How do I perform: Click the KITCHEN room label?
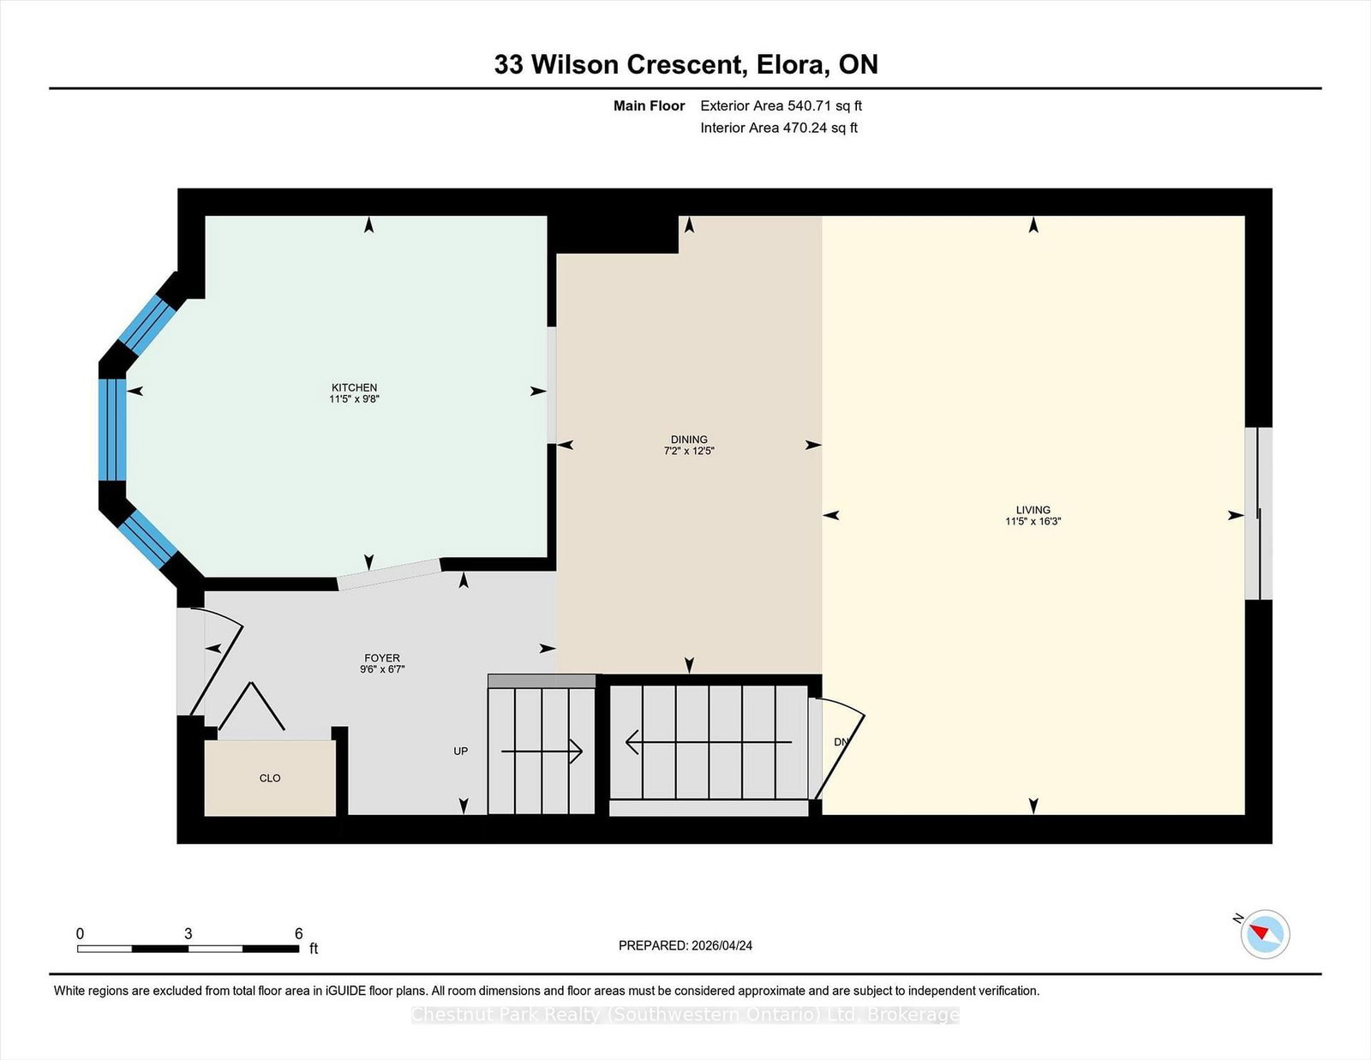click(x=354, y=387)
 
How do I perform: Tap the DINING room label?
click(x=689, y=439)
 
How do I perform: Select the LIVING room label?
click(x=1033, y=510)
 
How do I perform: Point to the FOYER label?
click(x=381, y=657)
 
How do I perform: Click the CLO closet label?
click(x=269, y=778)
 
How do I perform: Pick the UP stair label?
click(x=461, y=751)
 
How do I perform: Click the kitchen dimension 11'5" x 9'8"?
click(x=354, y=398)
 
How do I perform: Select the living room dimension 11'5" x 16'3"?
click(x=1033, y=521)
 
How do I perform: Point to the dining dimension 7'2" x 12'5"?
click(x=689, y=451)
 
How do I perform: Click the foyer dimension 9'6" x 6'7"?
click(x=381, y=668)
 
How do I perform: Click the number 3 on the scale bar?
click(x=188, y=933)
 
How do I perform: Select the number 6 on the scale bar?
click(x=298, y=933)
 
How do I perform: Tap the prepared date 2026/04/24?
click(x=721, y=945)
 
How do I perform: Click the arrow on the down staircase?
click(x=708, y=742)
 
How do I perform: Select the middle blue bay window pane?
click(x=112, y=429)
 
